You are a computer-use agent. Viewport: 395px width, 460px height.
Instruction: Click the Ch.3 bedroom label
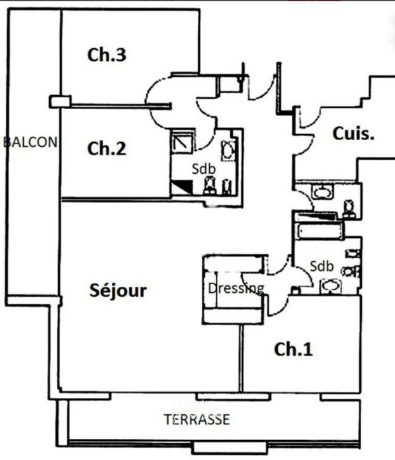click(x=107, y=55)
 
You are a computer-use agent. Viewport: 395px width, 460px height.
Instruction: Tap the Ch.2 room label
click(x=107, y=149)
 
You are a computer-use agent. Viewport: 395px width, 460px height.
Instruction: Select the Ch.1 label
click(x=293, y=350)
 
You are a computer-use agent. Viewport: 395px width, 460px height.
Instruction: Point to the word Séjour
click(x=118, y=290)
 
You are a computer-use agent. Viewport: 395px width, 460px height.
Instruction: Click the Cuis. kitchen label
click(x=353, y=134)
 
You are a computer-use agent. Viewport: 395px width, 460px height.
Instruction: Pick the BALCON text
click(x=30, y=142)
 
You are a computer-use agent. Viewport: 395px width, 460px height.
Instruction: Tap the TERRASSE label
click(x=197, y=420)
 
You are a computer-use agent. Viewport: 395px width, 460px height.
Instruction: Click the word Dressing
click(x=236, y=288)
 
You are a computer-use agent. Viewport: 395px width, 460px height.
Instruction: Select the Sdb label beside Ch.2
click(x=204, y=169)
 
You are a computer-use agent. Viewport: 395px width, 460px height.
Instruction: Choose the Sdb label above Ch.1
click(x=322, y=266)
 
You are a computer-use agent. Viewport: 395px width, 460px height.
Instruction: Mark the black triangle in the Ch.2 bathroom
click(x=183, y=186)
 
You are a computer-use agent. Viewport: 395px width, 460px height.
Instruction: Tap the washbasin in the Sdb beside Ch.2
click(x=228, y=151)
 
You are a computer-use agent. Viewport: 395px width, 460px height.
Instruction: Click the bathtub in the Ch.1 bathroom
click(x=318, y=231)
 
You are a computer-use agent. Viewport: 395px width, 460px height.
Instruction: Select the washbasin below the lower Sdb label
click(x=331, y=286)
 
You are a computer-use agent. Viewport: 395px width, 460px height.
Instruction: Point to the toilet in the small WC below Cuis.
click(x=349, y=209)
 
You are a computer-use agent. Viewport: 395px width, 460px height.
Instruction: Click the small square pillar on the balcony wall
click(x=60, y=102)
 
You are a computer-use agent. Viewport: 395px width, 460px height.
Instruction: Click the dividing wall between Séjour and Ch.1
click(x=241, y=358)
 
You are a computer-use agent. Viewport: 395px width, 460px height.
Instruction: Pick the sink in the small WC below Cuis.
click(x=323, y=192)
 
